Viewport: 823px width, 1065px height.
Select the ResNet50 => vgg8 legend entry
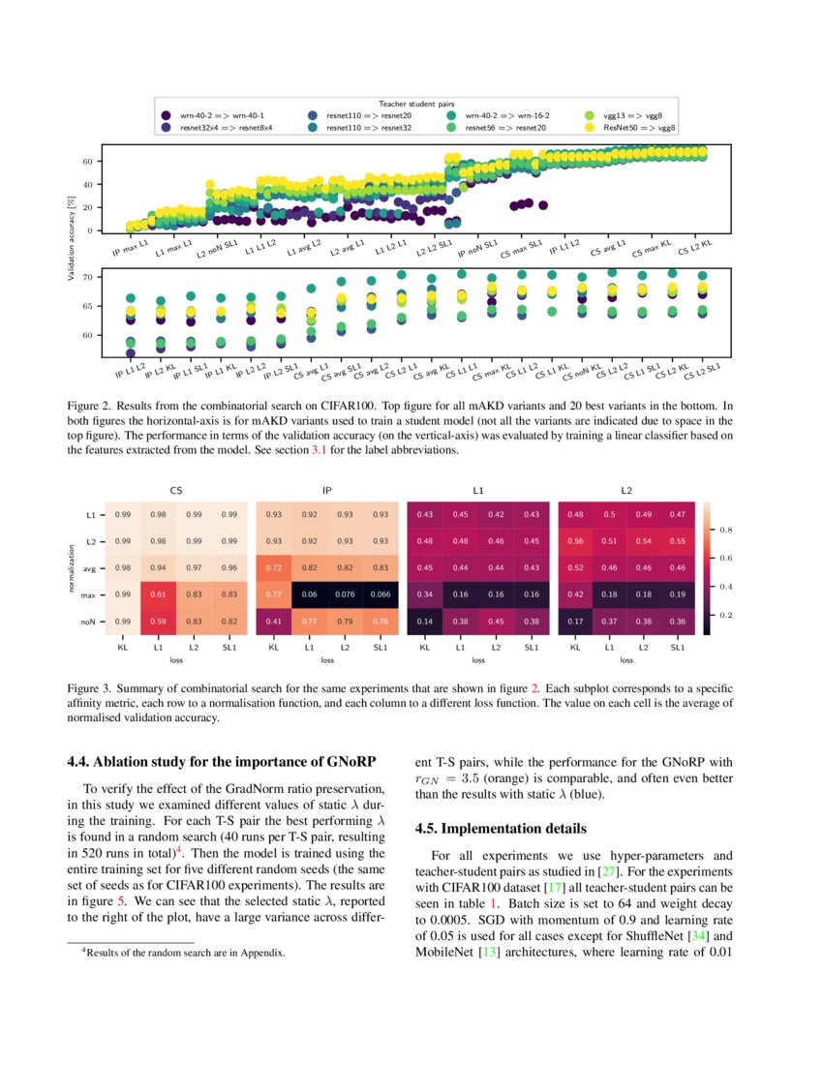click(639, 127)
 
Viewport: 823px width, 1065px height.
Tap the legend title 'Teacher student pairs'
click(417, 103)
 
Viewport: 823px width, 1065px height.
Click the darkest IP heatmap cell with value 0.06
click(309, 593)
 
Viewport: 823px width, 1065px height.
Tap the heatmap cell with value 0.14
click(424, 621)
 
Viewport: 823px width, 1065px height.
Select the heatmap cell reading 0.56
click(575, 539)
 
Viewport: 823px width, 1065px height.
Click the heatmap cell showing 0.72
click(273, 566)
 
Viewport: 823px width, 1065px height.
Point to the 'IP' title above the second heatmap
click(326, 491)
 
